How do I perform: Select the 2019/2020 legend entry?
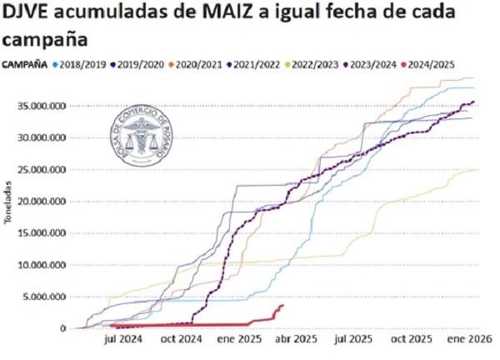139,63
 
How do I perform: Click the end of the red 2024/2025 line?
283,305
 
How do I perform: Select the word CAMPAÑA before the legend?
23,63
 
